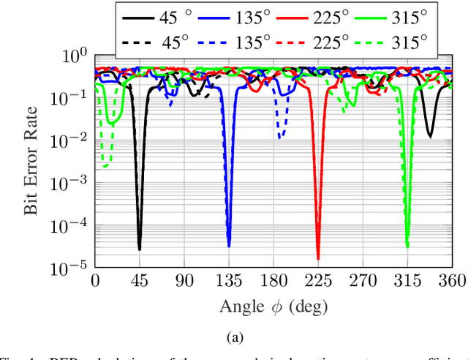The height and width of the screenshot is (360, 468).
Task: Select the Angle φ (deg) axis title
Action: pyautogui.click(x=273, y=305)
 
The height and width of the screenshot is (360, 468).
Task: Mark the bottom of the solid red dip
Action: pyautogui.click(x=318, y=258)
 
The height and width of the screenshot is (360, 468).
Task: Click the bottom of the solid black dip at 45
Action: pyautogui.click(x=140, y=250)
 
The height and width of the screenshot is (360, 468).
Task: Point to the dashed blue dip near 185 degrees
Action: pyautogui.click(x=280, y=137)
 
